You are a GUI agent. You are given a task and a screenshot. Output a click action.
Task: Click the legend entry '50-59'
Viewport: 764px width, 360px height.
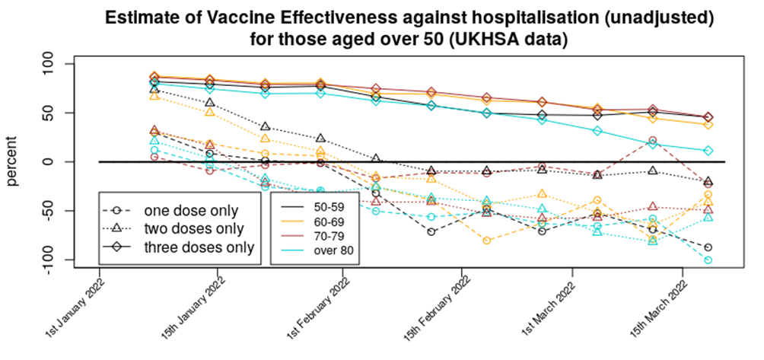pos(324,206)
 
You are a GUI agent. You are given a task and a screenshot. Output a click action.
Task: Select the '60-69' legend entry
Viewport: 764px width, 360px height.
pos(324,221)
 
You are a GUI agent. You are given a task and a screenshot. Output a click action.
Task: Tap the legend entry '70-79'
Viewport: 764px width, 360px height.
pos(324,234)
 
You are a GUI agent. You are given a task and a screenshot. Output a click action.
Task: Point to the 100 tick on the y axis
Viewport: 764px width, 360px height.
pos(54,63)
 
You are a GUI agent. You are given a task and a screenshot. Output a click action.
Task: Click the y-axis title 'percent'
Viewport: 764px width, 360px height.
pos(13,161)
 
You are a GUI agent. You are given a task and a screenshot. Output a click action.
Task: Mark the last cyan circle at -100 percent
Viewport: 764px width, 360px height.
pos(708,260)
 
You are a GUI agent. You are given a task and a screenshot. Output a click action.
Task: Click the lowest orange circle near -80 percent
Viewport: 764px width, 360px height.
pos(487,241)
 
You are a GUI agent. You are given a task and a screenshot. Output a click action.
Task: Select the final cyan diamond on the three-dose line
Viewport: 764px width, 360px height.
pos(708,151)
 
